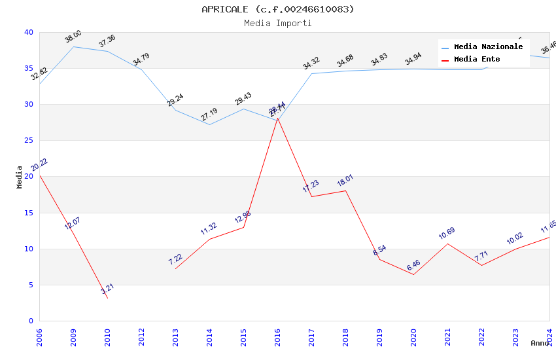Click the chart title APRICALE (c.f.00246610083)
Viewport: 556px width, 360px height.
(x=278, y=9)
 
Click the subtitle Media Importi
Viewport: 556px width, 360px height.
(x=278, y=23)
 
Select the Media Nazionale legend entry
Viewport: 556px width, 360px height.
(x=488, y=47)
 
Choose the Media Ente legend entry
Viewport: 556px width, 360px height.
(x=477, y=60)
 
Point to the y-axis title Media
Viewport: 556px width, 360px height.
(x=20, y=177)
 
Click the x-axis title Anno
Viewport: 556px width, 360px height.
(x=540, y=343)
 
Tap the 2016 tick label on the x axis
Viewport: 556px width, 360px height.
(x=277, y=336)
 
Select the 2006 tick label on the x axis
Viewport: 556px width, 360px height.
(x=39, y=336)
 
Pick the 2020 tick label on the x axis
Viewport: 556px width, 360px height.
(x=413, y=336)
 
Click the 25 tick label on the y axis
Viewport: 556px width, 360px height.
(x=28, y=141)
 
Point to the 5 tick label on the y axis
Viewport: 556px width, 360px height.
(x=30, y=285)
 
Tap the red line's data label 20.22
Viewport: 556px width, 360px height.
(x=39, y=164)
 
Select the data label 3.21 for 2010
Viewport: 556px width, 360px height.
(x=107, y=289)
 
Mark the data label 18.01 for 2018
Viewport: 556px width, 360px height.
(x=345, y=181)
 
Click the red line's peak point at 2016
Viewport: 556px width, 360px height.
(x=277, y=118)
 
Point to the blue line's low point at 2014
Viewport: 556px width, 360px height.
(x=209, y=124)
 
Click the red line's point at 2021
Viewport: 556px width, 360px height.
(x=447, y=243)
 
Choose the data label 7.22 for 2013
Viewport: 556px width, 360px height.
(x=175, y=259)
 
